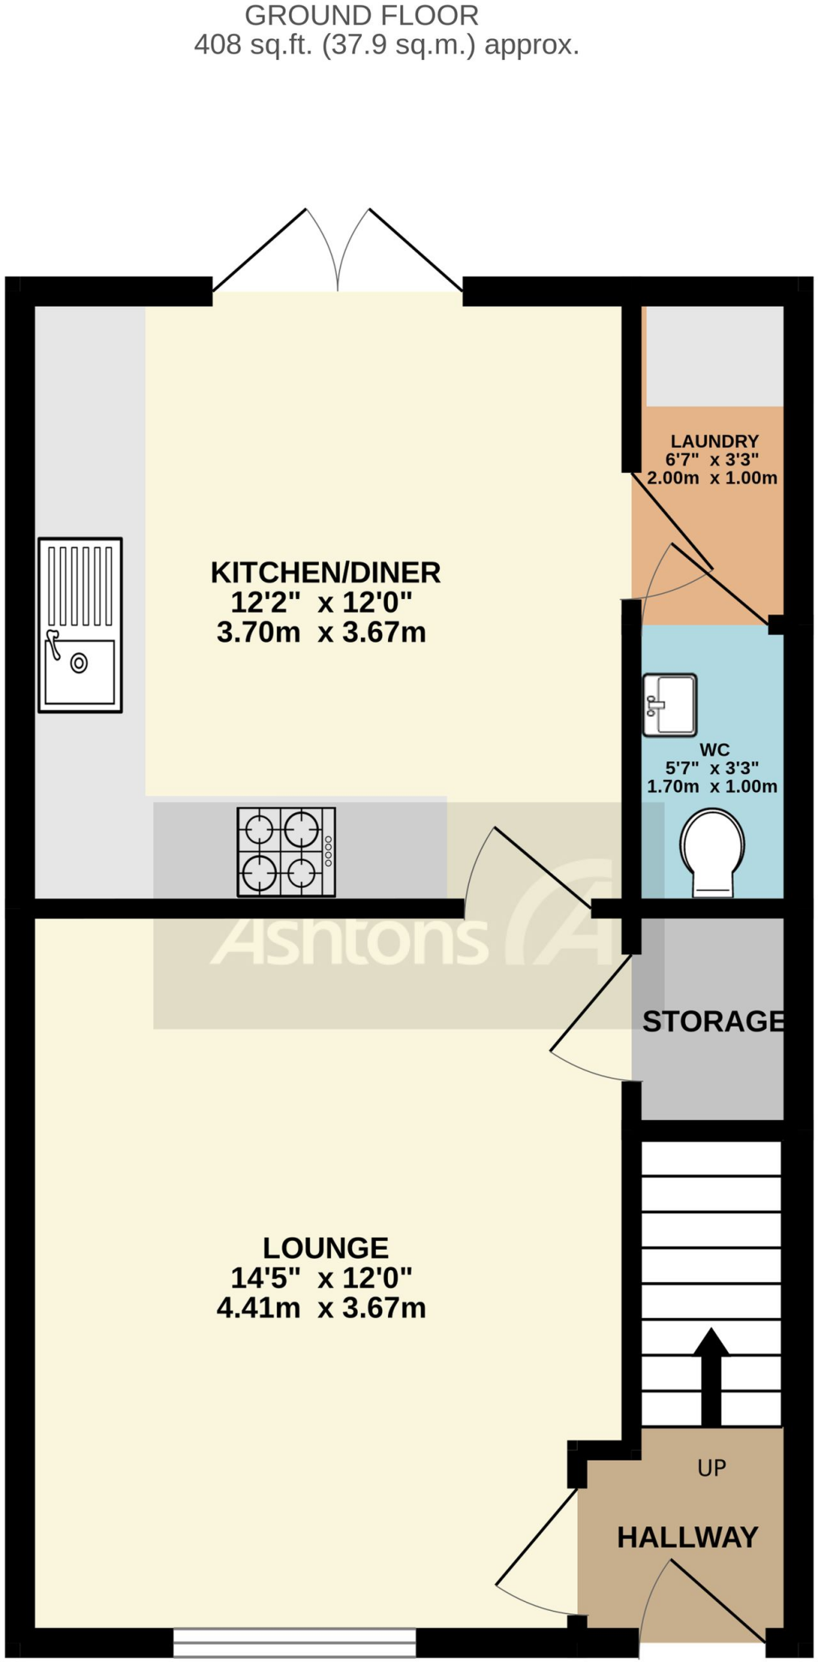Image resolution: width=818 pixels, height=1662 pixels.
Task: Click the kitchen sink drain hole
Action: point(79,662)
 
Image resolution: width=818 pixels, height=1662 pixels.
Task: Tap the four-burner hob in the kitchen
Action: point(286,851)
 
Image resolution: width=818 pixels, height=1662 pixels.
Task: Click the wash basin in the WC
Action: point(669,704)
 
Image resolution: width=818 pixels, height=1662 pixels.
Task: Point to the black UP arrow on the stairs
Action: point(711,1376)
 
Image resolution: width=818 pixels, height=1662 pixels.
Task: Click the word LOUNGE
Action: point(325,1247)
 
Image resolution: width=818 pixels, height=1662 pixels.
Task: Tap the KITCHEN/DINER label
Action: point(325,572)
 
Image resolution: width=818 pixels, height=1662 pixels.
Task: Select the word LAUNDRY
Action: point(714,441)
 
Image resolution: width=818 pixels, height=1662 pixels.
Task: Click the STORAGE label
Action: point(713,1021)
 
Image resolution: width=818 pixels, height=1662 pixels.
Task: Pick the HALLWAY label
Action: point(687,1537)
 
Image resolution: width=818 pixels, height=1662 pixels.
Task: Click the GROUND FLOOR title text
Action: point(362,15)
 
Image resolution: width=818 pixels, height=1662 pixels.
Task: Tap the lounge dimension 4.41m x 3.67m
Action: point(321,1307)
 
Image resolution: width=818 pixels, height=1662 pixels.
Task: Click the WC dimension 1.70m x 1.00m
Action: point(712,786)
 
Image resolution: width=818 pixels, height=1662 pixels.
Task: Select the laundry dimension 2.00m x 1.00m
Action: point(712,478)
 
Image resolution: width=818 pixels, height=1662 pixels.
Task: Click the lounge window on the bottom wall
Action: point(295,1643)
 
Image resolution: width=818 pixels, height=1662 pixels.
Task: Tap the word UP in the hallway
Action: point(712,1467)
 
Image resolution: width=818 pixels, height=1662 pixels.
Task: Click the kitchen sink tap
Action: point(54,644)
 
